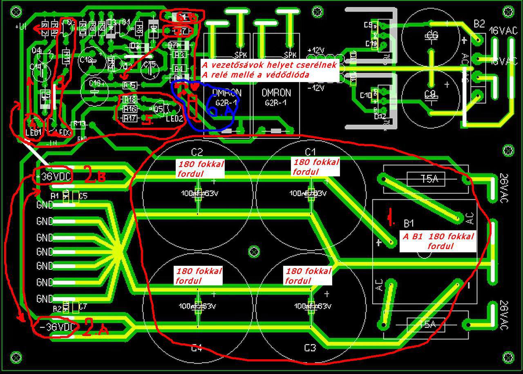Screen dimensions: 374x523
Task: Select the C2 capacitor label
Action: tap(197, 152)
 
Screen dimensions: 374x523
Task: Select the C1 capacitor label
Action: tap(311, 152)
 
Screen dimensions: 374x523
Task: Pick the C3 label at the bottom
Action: tap(310, 348)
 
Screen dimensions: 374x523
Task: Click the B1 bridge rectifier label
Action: tap(409, 223)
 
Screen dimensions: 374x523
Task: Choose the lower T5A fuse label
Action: tap(427, 325)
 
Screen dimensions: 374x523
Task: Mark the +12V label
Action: tap(319, 50)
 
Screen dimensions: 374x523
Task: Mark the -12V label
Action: tap(318, 87)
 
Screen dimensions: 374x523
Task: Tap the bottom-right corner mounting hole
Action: tap(508, 357)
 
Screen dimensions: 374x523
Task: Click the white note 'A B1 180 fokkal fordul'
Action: tap(438, 241)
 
